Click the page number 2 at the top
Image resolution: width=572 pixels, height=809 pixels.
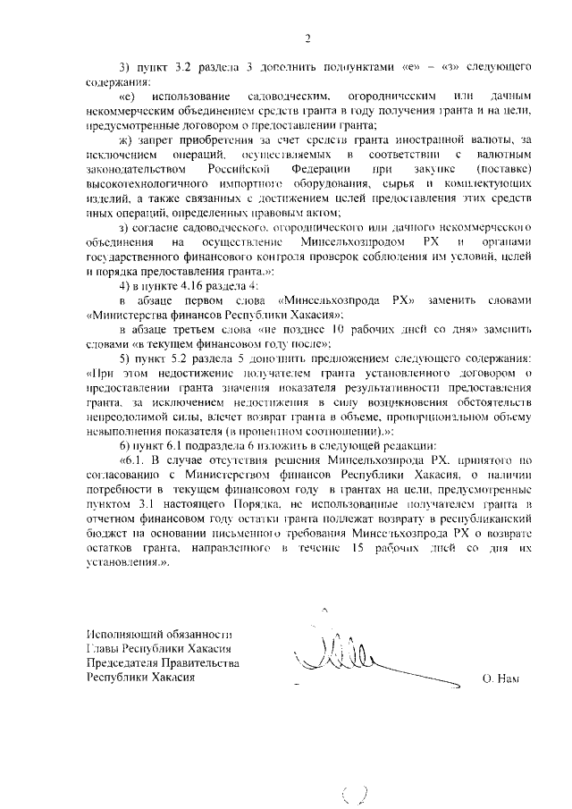coord(307,38)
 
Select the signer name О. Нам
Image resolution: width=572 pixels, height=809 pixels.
coord(500,679)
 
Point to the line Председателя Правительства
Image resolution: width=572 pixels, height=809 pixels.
coord(162,662)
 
